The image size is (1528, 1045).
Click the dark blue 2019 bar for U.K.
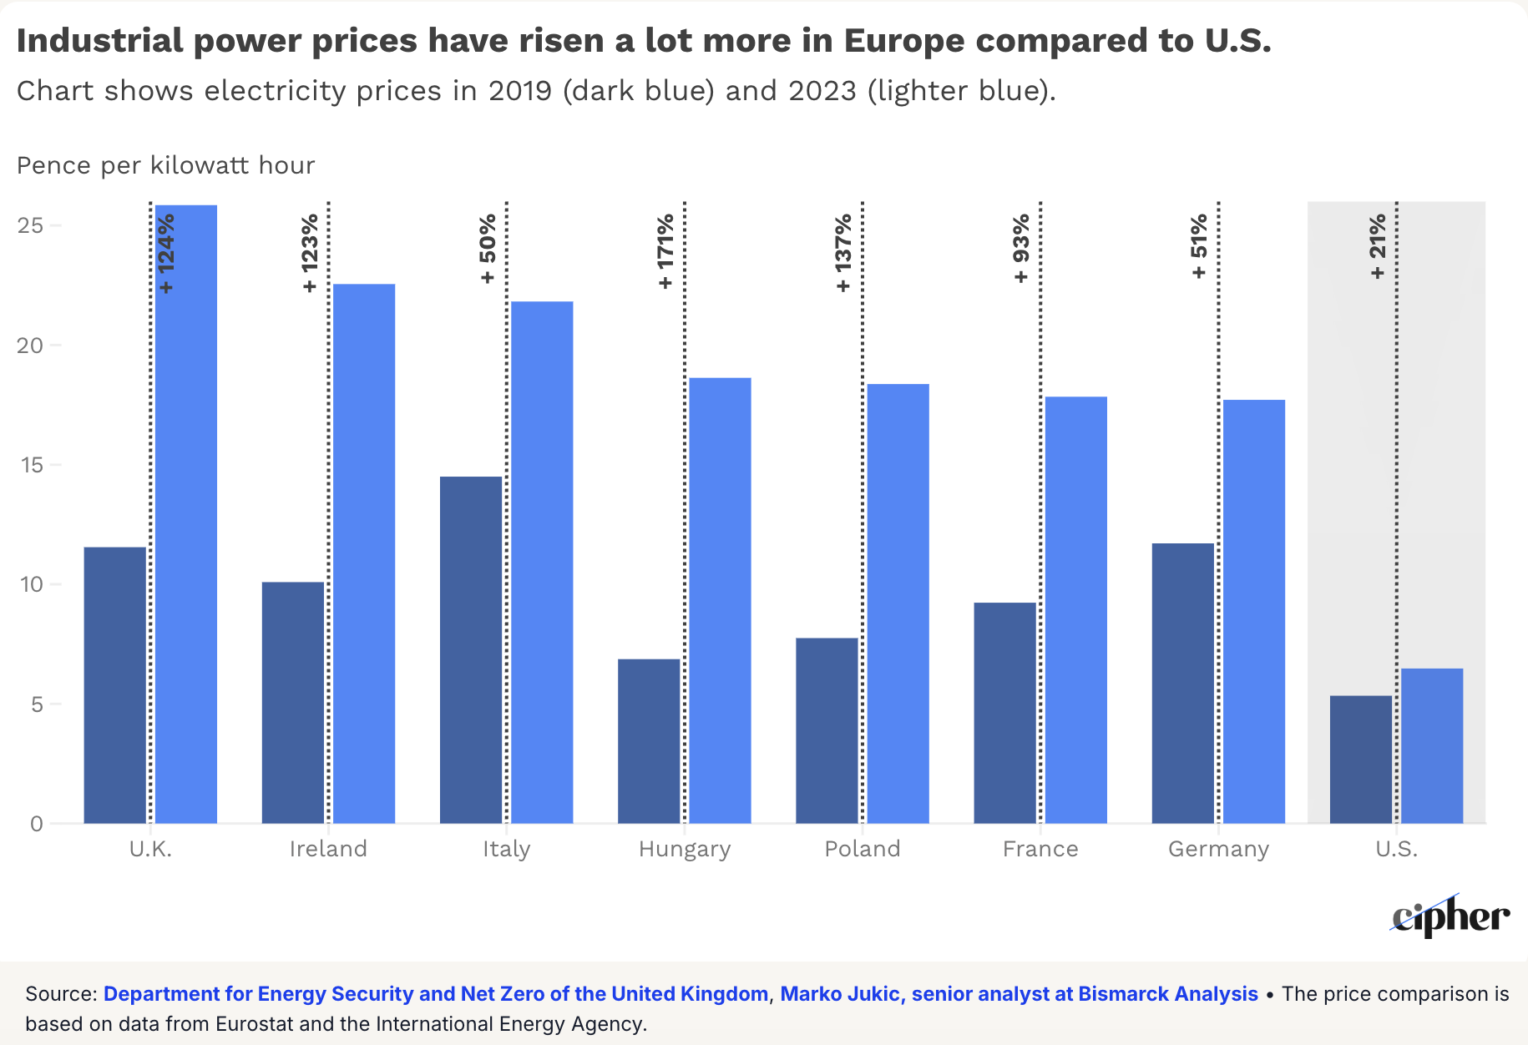(x=115, y=684)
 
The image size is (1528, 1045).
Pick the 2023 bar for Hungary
(x=720, y=600)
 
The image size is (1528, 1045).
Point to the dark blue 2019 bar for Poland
(x=827, y=730)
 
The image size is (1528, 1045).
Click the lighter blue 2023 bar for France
(x=1076, y=609)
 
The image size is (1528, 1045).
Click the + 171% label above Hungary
(x=665, y=251)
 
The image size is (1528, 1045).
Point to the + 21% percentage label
(x=1378, y=246)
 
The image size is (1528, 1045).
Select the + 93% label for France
(x=1021, y=249)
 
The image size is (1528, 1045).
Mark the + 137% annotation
(x=843, y=252)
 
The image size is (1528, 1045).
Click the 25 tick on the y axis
(x=30, y=225)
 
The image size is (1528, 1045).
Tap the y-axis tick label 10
(x=30, y=584)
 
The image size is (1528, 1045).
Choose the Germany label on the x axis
(x=1218, y=849)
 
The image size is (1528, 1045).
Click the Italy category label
(x=506, y=849)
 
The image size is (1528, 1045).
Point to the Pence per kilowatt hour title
(x=165, y=165)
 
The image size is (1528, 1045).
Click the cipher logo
(x=1450, y=916)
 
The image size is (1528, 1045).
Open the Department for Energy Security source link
(x=435, y=994)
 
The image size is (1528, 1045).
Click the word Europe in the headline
(x=903, y=40)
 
